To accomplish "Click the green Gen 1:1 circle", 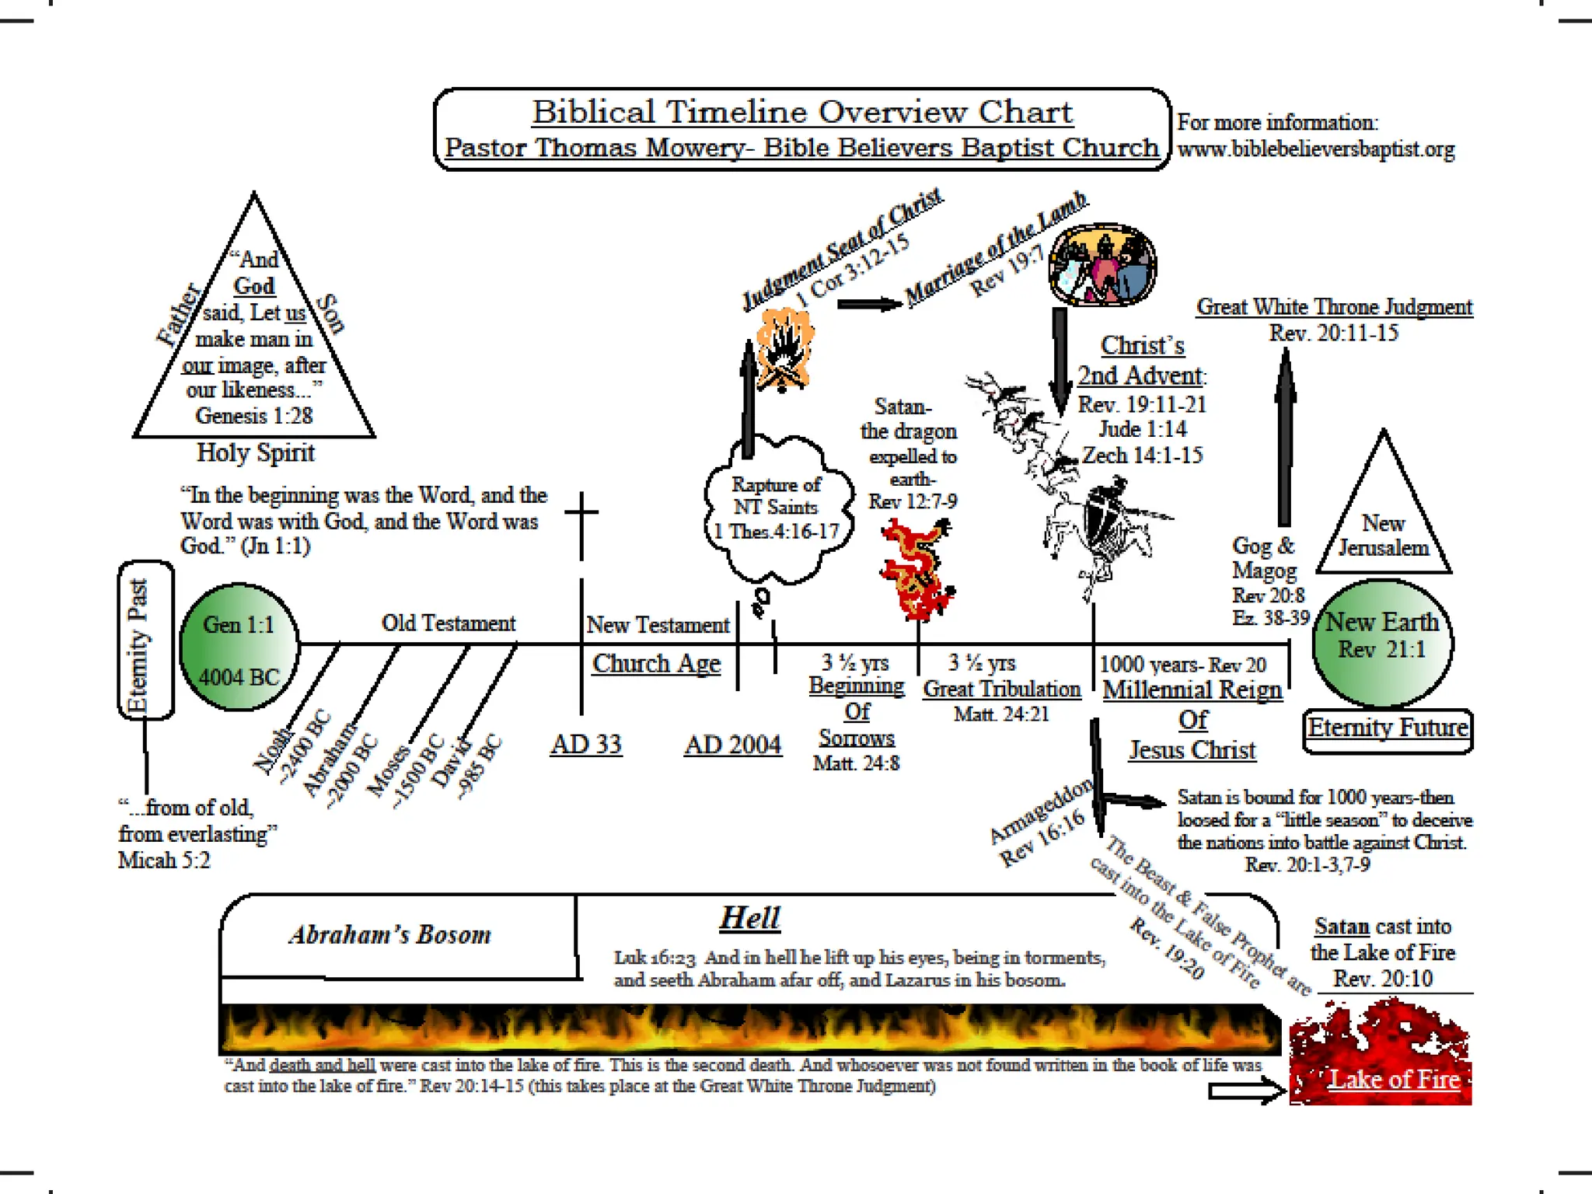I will pyautogui.click(x=239, y=647).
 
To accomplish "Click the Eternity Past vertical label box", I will pyautogui.click(x=145, y=640).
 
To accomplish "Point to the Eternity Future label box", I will pyautogui.click(x=1388, y=729).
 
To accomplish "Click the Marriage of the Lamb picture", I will pyautogui.click(x=1102, y=265).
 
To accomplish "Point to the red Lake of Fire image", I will pyautogui.click(x=1380, y=1053).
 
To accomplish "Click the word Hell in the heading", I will pyautogui.click(x=749, y=918).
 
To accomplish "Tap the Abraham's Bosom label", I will pyautogui.click(x=390, y=934).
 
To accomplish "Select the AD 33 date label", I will pyautogui.click(x=586, y=745).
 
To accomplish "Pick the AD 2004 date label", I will pyautogui.click(x=732, y=745).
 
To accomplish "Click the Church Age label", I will pyautogui.click(x=656, y=664).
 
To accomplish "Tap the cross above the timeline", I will pyautogui.click(x=581, y=513).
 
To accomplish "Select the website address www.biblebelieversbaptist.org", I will pyautogui.click(x=1316, y=149).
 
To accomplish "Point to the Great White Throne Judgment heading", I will pyautogui.click(x=1334, y=307).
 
